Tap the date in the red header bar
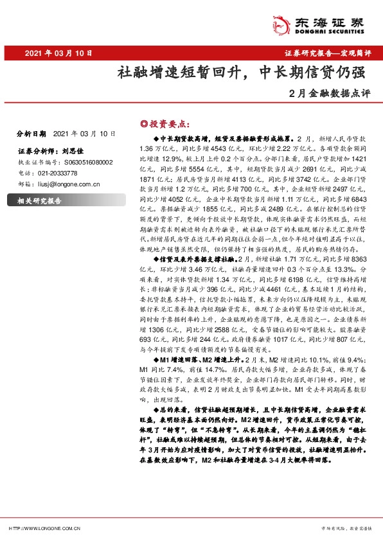pyautogui.click(x=59, y=54)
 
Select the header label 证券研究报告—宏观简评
pyautogui.click(x=327, y=54)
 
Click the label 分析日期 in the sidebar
pyautogui.click(x=30, y=134)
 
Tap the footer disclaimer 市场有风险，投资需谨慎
pyautogui.click(x=338, y=528)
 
